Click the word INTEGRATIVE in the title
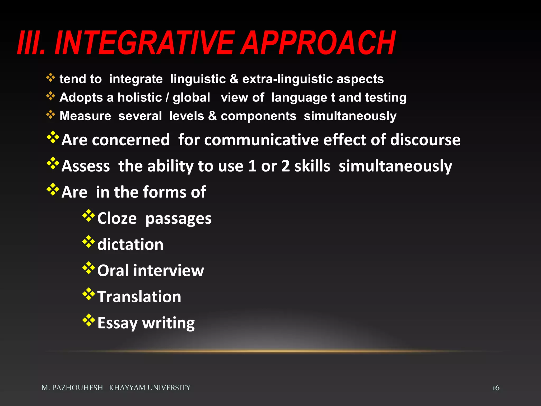click(x=144, y=43)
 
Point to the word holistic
click(x=139, y=98)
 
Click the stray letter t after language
click(x=333, y=98)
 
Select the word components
click(x=258, y=116)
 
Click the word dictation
click(x=130, y=244)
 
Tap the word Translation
click(x=139, y=297)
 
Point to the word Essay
click(x=118, y=323)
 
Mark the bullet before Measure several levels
click(x=50, y=115)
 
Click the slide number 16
click(x=496, y=388)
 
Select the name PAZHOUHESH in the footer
click(x=77, y=388)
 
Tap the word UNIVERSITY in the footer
click(x=169, y=388)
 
